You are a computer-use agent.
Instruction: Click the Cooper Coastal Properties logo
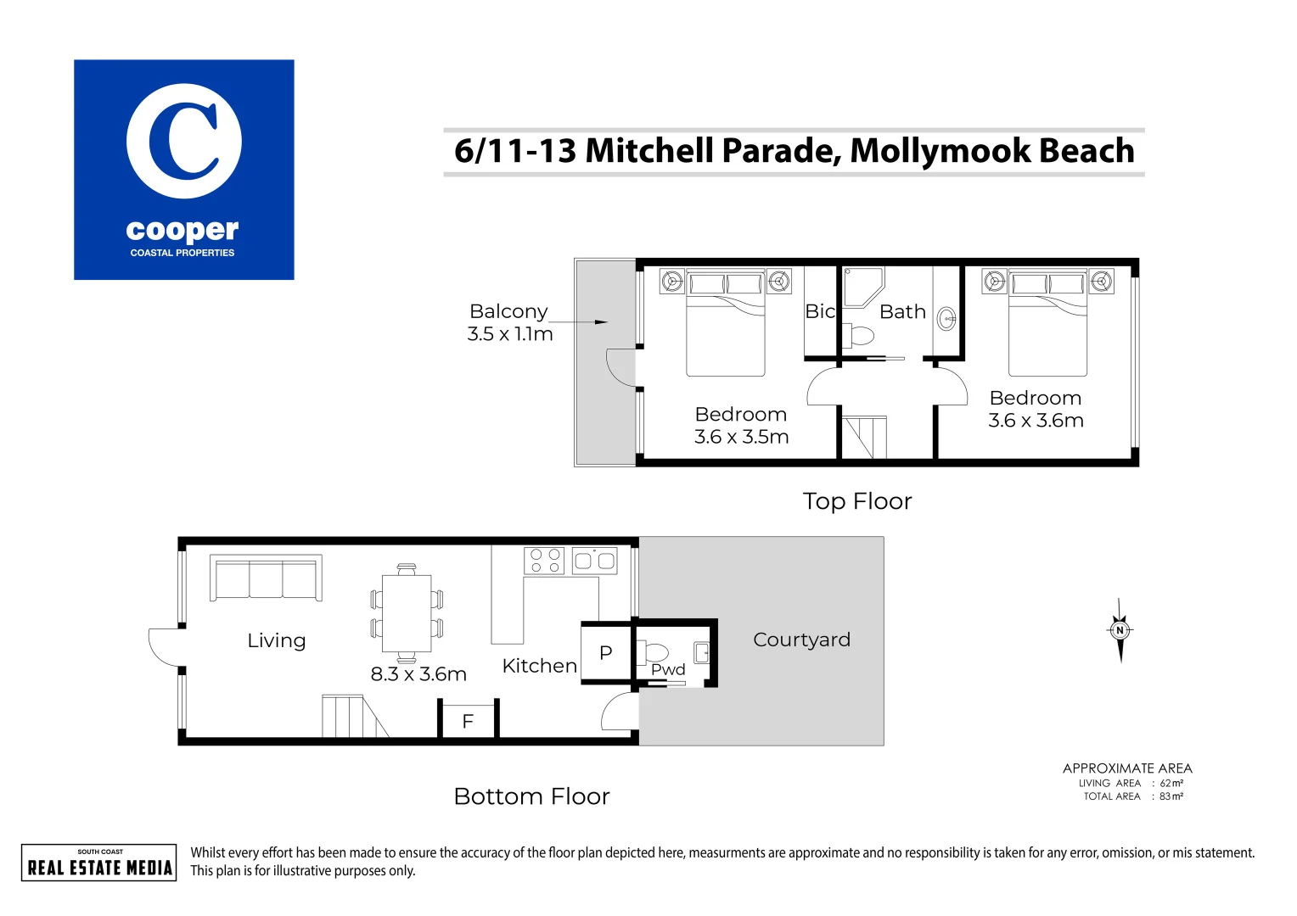(x=183, y=170)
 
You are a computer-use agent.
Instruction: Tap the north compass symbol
(x=1120, y=630)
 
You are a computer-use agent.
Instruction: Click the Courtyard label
(x=801, y=640)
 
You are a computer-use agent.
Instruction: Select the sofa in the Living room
(x=266, y=578)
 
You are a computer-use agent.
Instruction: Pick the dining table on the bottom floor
(x=407, y=613)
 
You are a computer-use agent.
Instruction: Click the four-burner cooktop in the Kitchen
(x=545, y=561)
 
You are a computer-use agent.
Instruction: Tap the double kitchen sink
(x=594, y=561)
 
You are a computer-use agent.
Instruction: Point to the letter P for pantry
(x=605, y=652)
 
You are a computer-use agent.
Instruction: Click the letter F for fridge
(x=468, y=721)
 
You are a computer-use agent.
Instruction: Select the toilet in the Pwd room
(x=654, y=652)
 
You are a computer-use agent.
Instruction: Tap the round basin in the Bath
(x=946, y=319)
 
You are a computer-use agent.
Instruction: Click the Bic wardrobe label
(x=820, y=311)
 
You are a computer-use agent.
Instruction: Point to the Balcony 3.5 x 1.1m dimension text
(x=509, y=334)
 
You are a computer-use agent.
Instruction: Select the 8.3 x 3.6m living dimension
(x=418, y=674)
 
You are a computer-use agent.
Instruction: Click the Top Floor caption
(x=857, y=501)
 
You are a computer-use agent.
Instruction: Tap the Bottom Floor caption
(x=531, y=796)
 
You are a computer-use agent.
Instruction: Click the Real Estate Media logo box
(x=99, y=863)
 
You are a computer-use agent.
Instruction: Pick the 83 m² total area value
(x=1171, y=796)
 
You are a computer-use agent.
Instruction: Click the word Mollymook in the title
(x=940, y=151)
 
